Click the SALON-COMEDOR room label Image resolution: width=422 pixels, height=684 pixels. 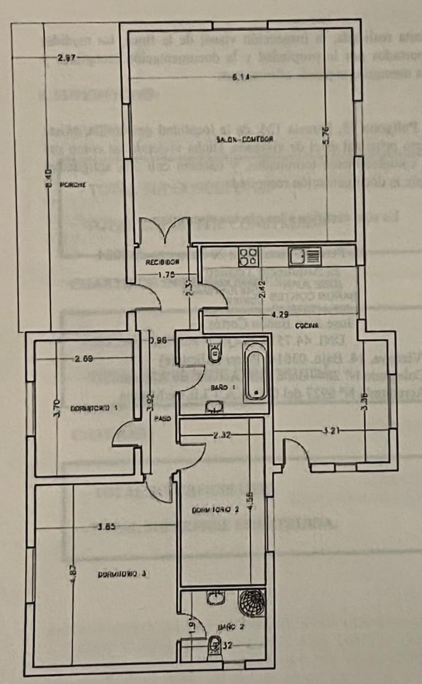point(245,139)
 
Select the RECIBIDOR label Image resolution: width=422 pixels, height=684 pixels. point(163,263)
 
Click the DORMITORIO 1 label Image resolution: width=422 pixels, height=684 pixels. point(94,408)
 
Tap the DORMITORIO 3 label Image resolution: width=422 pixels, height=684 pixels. point(122,574)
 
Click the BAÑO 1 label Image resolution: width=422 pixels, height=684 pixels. point(219,387)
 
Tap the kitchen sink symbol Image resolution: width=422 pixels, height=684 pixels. point(305,256)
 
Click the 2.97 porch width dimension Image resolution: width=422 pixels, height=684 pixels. point(67,58)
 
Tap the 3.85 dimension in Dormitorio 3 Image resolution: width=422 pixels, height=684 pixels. point(107,527)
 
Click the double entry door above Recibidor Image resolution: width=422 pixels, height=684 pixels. point(166,231)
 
